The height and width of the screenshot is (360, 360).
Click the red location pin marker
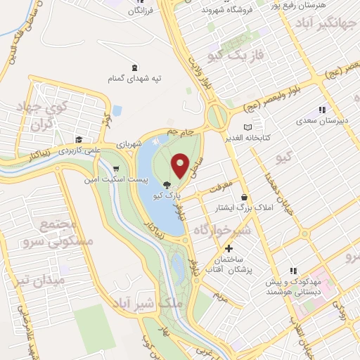pyautogui.click(x=181, y=165)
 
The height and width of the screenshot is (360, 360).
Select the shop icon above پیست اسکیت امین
pyautogui.click(x=115, y=169)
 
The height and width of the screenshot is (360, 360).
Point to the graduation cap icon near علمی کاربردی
pyautogui.click(x=79, y=139)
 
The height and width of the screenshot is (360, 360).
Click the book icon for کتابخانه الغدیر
pyautogui.click(x=246, y=127)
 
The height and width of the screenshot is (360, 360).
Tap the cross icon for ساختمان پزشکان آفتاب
pyautogui.click(x=228, y=248)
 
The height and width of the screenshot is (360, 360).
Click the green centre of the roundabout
pyautogui.click(x=217, y=115)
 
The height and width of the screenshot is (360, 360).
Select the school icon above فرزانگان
pyautogui.click(x=135, y=1)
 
